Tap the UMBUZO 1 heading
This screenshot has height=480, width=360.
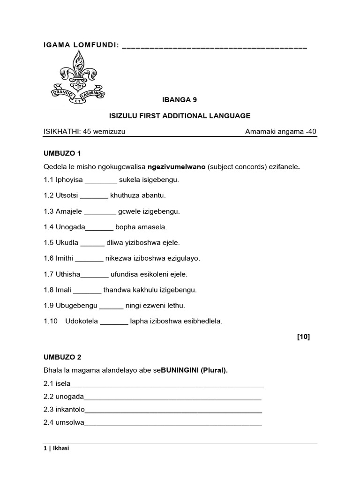pyautogui.click(x=62, y=153)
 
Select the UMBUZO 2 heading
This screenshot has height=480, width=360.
pyautogui.click(x=62, y=357)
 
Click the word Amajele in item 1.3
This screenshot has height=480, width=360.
pyautogui.click(x=69, y=211)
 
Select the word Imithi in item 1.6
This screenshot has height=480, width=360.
pyautogui.click(x=64, y=258)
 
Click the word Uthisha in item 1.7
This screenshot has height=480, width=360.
pyautogui.click(x=68, y=274)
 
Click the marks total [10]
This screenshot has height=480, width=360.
pyautogui.click(x=303, y=337)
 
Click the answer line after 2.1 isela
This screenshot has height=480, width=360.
pyautogui.click(x=167, y=385)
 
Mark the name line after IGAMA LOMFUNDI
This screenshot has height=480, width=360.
pyautogui.click(x=214, y=47)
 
